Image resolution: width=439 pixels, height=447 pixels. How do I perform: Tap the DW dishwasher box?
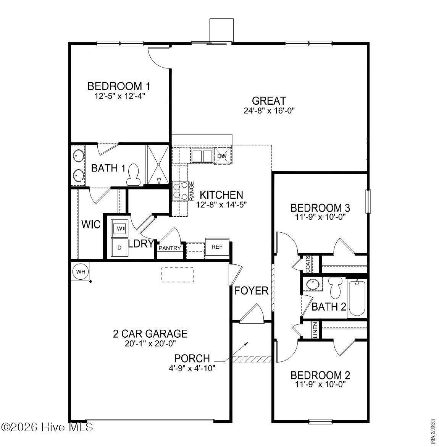(x=222, y=156)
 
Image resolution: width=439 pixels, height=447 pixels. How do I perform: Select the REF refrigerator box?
(x=217, y=247)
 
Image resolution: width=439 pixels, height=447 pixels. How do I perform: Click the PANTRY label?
(x=170, y=248)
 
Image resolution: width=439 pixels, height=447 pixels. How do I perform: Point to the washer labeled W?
(x=119, y=228)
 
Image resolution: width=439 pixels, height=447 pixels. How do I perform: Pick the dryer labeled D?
(x=119, y=248)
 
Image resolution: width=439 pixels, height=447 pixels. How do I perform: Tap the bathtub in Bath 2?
(x=357, y=298)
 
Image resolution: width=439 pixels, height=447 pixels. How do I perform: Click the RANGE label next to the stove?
(x=192, y=191)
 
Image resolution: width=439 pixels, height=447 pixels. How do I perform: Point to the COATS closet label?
(x=308, y=264)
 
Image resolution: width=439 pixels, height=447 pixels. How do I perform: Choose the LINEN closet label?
(x=315, y=330)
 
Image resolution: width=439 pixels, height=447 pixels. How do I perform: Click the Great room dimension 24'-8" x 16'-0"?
(x=269, y=111)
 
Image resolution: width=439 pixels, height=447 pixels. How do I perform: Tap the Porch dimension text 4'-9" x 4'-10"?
(x=192, y=368)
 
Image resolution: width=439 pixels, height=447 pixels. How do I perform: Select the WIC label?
(x=91, y=224)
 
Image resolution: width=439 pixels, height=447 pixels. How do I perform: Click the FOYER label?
(x=251, y=291)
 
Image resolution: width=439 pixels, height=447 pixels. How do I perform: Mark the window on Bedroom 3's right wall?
(x=368, y=201)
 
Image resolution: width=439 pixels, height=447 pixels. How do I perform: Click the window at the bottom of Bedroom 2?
(x=320, y=421)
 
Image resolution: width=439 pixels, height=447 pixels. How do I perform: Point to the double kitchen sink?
(x=202, y=156)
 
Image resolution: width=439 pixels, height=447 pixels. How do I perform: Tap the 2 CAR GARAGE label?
(x=150, y=334)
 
